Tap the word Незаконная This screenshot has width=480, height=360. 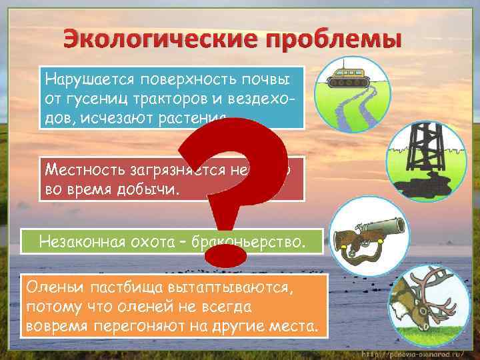[x=85, y=239]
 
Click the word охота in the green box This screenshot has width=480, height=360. [x=159, y=239]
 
